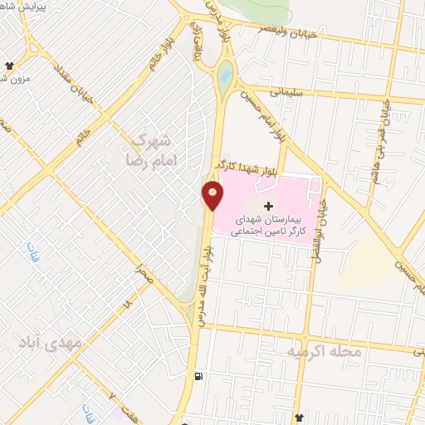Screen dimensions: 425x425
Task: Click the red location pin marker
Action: click(213, 196)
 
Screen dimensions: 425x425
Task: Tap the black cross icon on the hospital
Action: click(267, 205)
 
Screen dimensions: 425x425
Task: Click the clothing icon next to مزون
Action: click(10, 64)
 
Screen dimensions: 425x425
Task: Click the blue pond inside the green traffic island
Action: click(226, 77)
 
